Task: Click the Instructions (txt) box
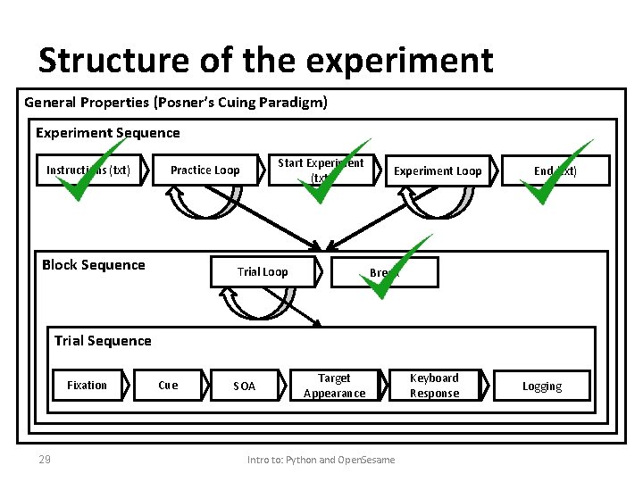[x=88, y=170]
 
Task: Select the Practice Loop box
[x=205, y=170]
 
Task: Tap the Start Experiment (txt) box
[x=321, y=170]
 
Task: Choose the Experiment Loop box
[x=438, y=171]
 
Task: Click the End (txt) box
[x=555, y=171]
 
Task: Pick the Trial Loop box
[x=263, y=272]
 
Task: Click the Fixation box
[x=87, y=386]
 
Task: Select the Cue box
[x=168, y=386]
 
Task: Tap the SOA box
[x=244, y=386]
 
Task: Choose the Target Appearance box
[x=334, y=386]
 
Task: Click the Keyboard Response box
[x=434, y=386]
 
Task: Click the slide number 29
[x=44, y=460]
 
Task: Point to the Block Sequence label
[x=94, y=265]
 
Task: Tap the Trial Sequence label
[x=103, y=341]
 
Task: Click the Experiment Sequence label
[x=108, y=133]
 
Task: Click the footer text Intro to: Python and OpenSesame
[x=321, y=460]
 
